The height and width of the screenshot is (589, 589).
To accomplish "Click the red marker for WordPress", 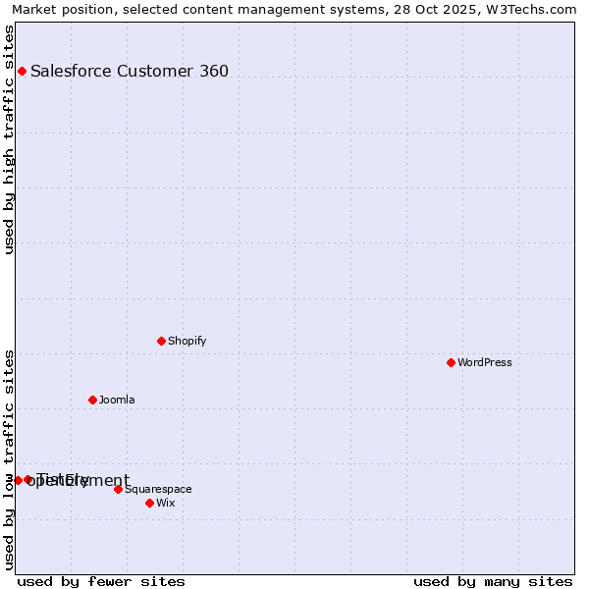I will coord(451,362).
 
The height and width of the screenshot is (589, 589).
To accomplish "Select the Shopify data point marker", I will coord(161,341).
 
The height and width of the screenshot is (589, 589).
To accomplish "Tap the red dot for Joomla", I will coord(92,400).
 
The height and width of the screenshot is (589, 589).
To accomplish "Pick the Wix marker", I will coord(149,503).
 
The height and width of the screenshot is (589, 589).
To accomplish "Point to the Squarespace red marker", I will coord(118,489).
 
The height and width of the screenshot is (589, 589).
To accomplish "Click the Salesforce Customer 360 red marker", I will coord(22,71).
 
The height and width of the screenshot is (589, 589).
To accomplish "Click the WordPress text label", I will coord(485,362).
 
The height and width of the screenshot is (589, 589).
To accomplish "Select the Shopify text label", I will coord(187,341).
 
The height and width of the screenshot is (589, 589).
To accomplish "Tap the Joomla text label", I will coord(117,400).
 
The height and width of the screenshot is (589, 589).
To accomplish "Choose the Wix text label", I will coord(166,503).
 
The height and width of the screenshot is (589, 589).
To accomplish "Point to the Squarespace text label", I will coord(158,489).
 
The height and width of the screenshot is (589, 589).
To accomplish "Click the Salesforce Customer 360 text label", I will coord(130,71).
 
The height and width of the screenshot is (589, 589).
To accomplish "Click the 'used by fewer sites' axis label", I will coord(101,581).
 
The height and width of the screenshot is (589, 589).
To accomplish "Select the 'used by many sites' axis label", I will coord(493,581).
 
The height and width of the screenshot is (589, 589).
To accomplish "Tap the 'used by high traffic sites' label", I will coord(10,139).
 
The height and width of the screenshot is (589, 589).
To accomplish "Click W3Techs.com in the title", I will coord(531,9).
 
